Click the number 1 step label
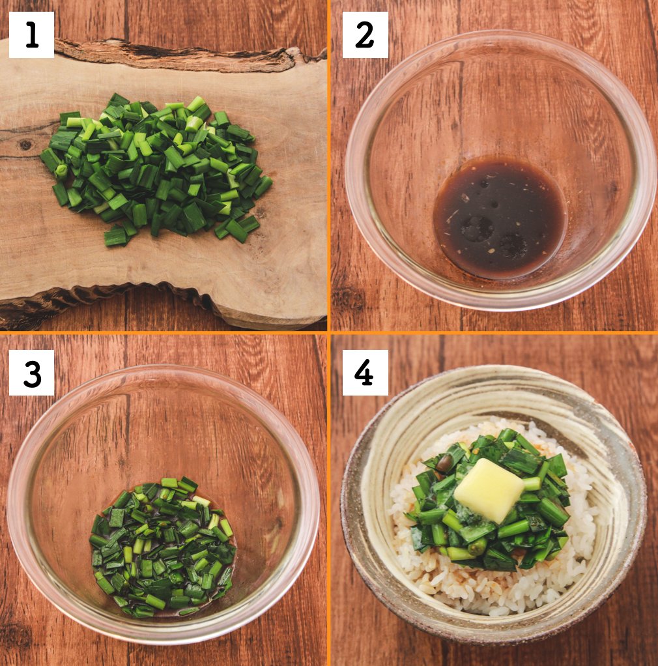pyautogui.click(x=31, y=35)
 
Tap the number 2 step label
pyautogui.click(x=365, y=35)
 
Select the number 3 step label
pyautogui.click(x=31, y=373)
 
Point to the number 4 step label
pyautogui.click(x=365, y=373)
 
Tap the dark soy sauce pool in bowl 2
pyautogui.click(x=499, y=218)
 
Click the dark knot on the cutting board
pyautogui.click(x=25, y=145)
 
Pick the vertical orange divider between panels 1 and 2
pyautogui.click(x=328, y=166)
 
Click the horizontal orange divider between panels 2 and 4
pyautogui.click(x=494, y=332)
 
